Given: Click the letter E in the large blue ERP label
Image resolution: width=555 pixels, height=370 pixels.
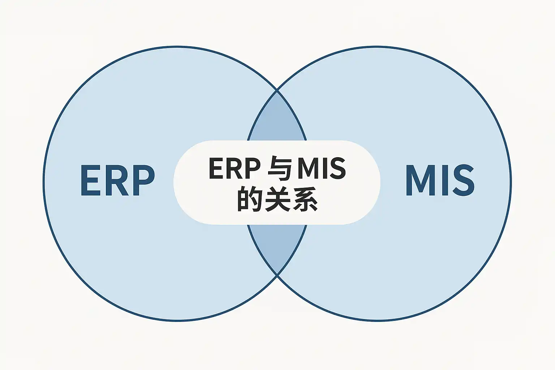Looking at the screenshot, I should point(90,180).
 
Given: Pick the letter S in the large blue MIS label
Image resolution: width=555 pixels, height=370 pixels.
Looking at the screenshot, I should point(462,180).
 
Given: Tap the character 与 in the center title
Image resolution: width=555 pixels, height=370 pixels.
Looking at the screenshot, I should point(279,169).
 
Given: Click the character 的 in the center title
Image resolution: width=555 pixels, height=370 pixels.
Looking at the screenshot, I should point(250,199).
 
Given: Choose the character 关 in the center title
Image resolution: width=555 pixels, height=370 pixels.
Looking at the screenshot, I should point(277,199).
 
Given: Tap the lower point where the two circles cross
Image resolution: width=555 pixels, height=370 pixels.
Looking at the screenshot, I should point(277,275).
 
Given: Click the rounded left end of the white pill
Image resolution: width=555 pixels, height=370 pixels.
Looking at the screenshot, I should point(176,182).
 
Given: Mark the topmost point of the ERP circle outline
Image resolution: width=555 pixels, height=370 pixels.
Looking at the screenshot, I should point(177,47).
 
